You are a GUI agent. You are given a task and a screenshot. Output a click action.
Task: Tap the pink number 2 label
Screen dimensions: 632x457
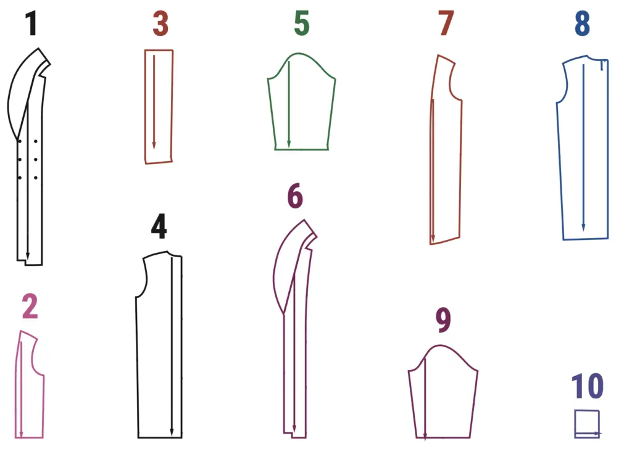(30, 307)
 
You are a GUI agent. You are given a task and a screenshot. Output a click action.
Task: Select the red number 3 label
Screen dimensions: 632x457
(160, 24)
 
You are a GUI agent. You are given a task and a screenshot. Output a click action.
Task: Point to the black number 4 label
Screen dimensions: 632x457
(159, 226)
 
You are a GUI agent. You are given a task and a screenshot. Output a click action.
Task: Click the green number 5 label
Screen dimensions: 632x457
(301, 24)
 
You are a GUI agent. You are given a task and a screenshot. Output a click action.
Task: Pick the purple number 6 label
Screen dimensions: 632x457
(295, 196)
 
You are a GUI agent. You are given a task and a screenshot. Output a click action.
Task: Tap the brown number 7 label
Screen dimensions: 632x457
(446, 24)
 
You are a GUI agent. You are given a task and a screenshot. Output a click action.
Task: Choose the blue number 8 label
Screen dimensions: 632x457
(582, 24)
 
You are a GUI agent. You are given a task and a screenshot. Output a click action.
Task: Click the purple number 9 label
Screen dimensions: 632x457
(443, 320)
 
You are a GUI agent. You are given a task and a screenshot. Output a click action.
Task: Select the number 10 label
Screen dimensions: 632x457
(588, 386)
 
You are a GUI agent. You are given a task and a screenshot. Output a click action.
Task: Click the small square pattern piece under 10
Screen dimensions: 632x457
(587, 411)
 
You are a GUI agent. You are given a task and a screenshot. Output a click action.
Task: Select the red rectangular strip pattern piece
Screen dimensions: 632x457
(173, 105)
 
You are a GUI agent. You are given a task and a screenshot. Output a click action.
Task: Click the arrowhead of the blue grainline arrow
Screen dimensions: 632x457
(583, 228)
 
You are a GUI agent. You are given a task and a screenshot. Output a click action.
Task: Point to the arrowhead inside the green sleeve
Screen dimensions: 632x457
(289, 144)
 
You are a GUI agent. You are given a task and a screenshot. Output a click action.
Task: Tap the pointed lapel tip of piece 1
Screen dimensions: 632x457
(39, 49)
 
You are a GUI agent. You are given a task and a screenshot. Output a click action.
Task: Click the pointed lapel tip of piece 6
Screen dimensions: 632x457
(304, 220)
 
